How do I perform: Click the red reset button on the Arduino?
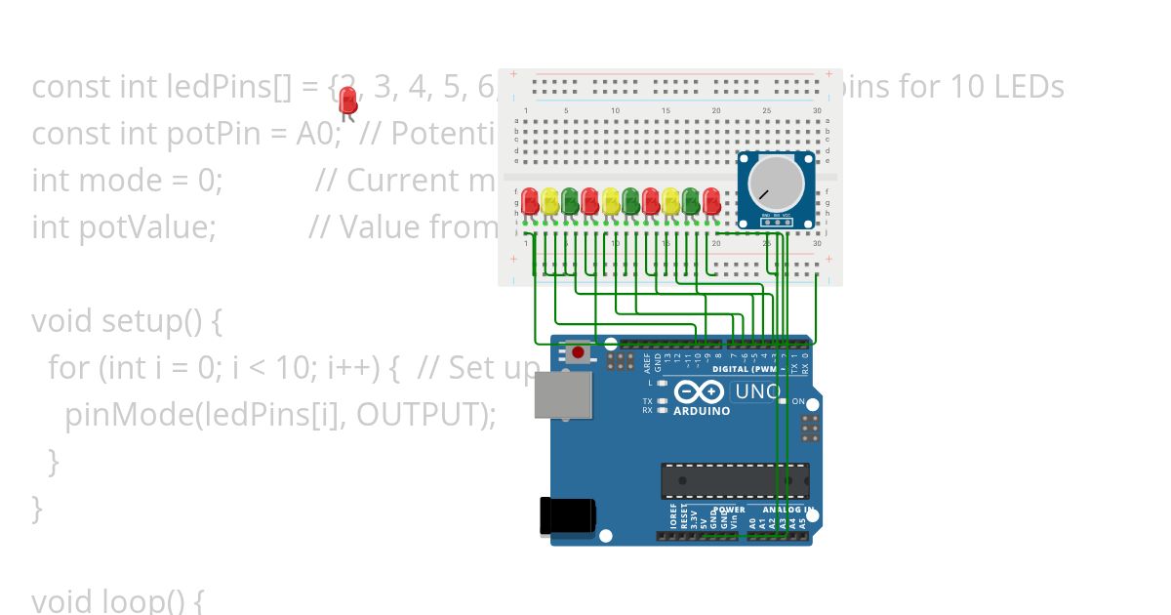579,351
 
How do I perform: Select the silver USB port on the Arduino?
563,394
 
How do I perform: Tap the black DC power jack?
567,515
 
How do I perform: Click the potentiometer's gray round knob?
776,184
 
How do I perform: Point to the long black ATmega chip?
735,480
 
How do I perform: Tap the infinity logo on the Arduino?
700,392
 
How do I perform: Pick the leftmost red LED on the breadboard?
530,201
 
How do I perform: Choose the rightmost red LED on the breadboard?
711,201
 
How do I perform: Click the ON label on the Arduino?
797,402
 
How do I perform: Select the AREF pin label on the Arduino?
647,363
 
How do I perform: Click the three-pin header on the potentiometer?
776,221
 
